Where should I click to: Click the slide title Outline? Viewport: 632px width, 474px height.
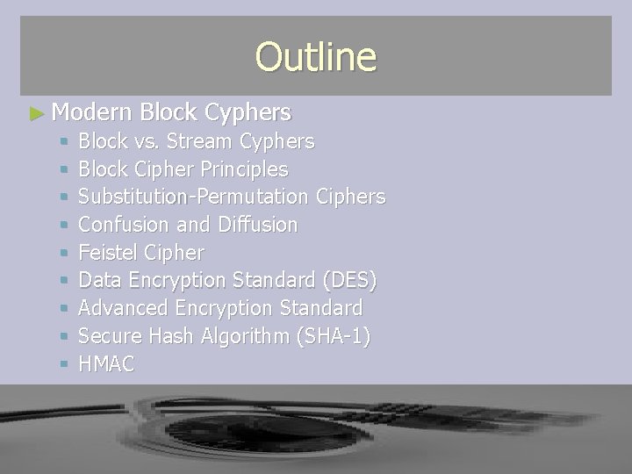coord(315,57)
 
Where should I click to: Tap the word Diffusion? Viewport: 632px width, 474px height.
coord(258,225)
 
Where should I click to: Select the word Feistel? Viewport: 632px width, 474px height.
coord(109,253)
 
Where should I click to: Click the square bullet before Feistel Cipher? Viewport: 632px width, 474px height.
coord(60,254)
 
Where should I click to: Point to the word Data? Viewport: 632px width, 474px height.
coord(98,281)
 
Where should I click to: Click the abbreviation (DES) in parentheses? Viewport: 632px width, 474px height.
coord(348,281)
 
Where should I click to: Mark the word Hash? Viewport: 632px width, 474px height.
coord(169,337)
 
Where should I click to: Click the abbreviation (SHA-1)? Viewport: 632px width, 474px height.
coord(334,337)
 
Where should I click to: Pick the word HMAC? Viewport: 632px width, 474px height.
coord(106,365)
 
